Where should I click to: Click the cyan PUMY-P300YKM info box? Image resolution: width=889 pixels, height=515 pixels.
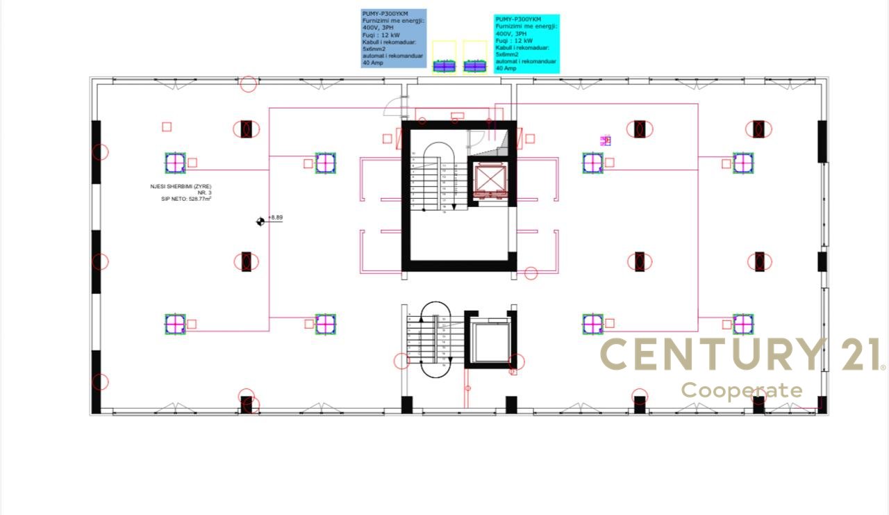[x=526, y=44]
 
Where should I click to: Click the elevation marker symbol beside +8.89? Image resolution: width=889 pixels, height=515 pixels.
[x=260, y=221]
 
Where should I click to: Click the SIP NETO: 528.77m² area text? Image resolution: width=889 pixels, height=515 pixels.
[x=185, y=199]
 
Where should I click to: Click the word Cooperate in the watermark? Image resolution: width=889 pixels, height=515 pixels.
[x=741, y=390]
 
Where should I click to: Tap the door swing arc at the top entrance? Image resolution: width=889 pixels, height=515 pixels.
[x=396, y=106]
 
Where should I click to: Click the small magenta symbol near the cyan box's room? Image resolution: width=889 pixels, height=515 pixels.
[x=606, y=140]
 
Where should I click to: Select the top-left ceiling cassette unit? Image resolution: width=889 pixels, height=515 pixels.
[x=175, y=163]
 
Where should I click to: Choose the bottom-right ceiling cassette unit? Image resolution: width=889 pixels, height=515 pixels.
[x=743, y=324]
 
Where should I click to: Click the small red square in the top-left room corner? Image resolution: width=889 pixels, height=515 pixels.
[x=167, y=126]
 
